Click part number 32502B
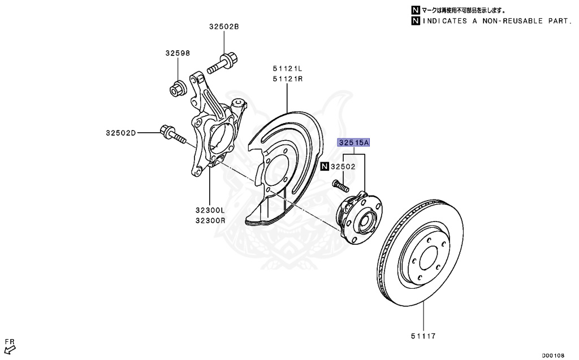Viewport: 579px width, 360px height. click(224, 27)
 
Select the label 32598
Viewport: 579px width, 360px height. click(177, 53)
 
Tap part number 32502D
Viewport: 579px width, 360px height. click(120, 133)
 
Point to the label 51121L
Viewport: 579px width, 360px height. click(287, 69)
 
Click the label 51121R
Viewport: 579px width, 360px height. click(287, 79)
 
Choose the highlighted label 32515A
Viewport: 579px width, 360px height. click(353, 143)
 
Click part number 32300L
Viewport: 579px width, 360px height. click(210, 210)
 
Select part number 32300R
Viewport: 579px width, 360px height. click(210, 220)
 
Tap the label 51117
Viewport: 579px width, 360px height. click(423, 337)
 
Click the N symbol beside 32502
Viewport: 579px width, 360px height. click(325, 167)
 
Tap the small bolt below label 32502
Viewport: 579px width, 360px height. click(339, 185)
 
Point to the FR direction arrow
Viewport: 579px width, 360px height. click(9, 349)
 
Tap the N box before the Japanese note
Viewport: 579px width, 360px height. click(416, 10)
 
